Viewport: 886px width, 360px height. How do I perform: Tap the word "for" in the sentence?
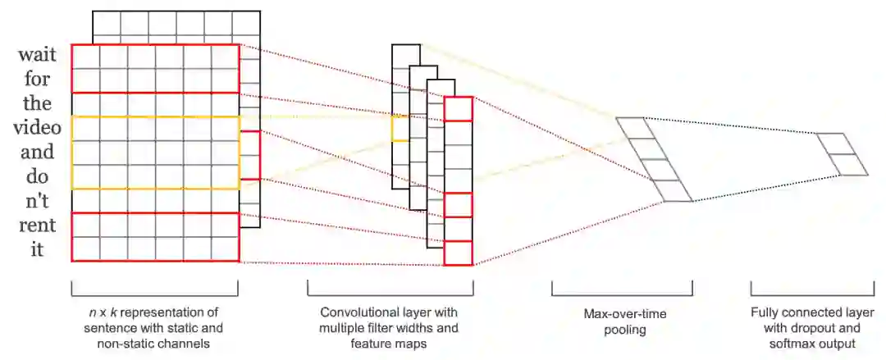click(x=39, y=80)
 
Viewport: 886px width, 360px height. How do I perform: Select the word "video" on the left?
click(x=33, y=128)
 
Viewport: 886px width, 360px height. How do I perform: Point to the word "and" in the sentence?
click(x=37, y=153)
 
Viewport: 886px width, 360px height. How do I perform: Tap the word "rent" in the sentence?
click(x=36, y=226)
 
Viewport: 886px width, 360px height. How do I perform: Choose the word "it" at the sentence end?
click(x=37, y=249)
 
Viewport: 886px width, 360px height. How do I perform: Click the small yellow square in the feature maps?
click(x=400, y=128)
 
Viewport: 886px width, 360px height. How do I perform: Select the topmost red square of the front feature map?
click(x=459, y=109)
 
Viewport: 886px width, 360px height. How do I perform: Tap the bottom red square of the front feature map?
click(x=459, y=253)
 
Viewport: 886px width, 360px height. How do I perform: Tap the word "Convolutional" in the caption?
click(x=352, y=312)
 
